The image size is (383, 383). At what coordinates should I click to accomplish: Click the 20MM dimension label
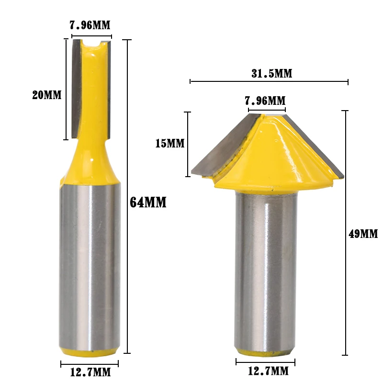click(x=47, y=95)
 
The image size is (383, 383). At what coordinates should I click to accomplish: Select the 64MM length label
click(x=148, y=203)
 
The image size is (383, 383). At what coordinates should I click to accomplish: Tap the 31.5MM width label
click(x=272, y=74)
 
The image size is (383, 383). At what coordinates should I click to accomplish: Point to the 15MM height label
click(x=170, y=143)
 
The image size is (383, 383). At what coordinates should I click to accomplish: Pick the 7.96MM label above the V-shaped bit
click(x=265, y=101)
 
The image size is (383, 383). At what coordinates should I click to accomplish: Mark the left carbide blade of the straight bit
click(x=76, y=89)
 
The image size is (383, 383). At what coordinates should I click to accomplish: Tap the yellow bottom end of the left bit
click(x=90, y=352)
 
